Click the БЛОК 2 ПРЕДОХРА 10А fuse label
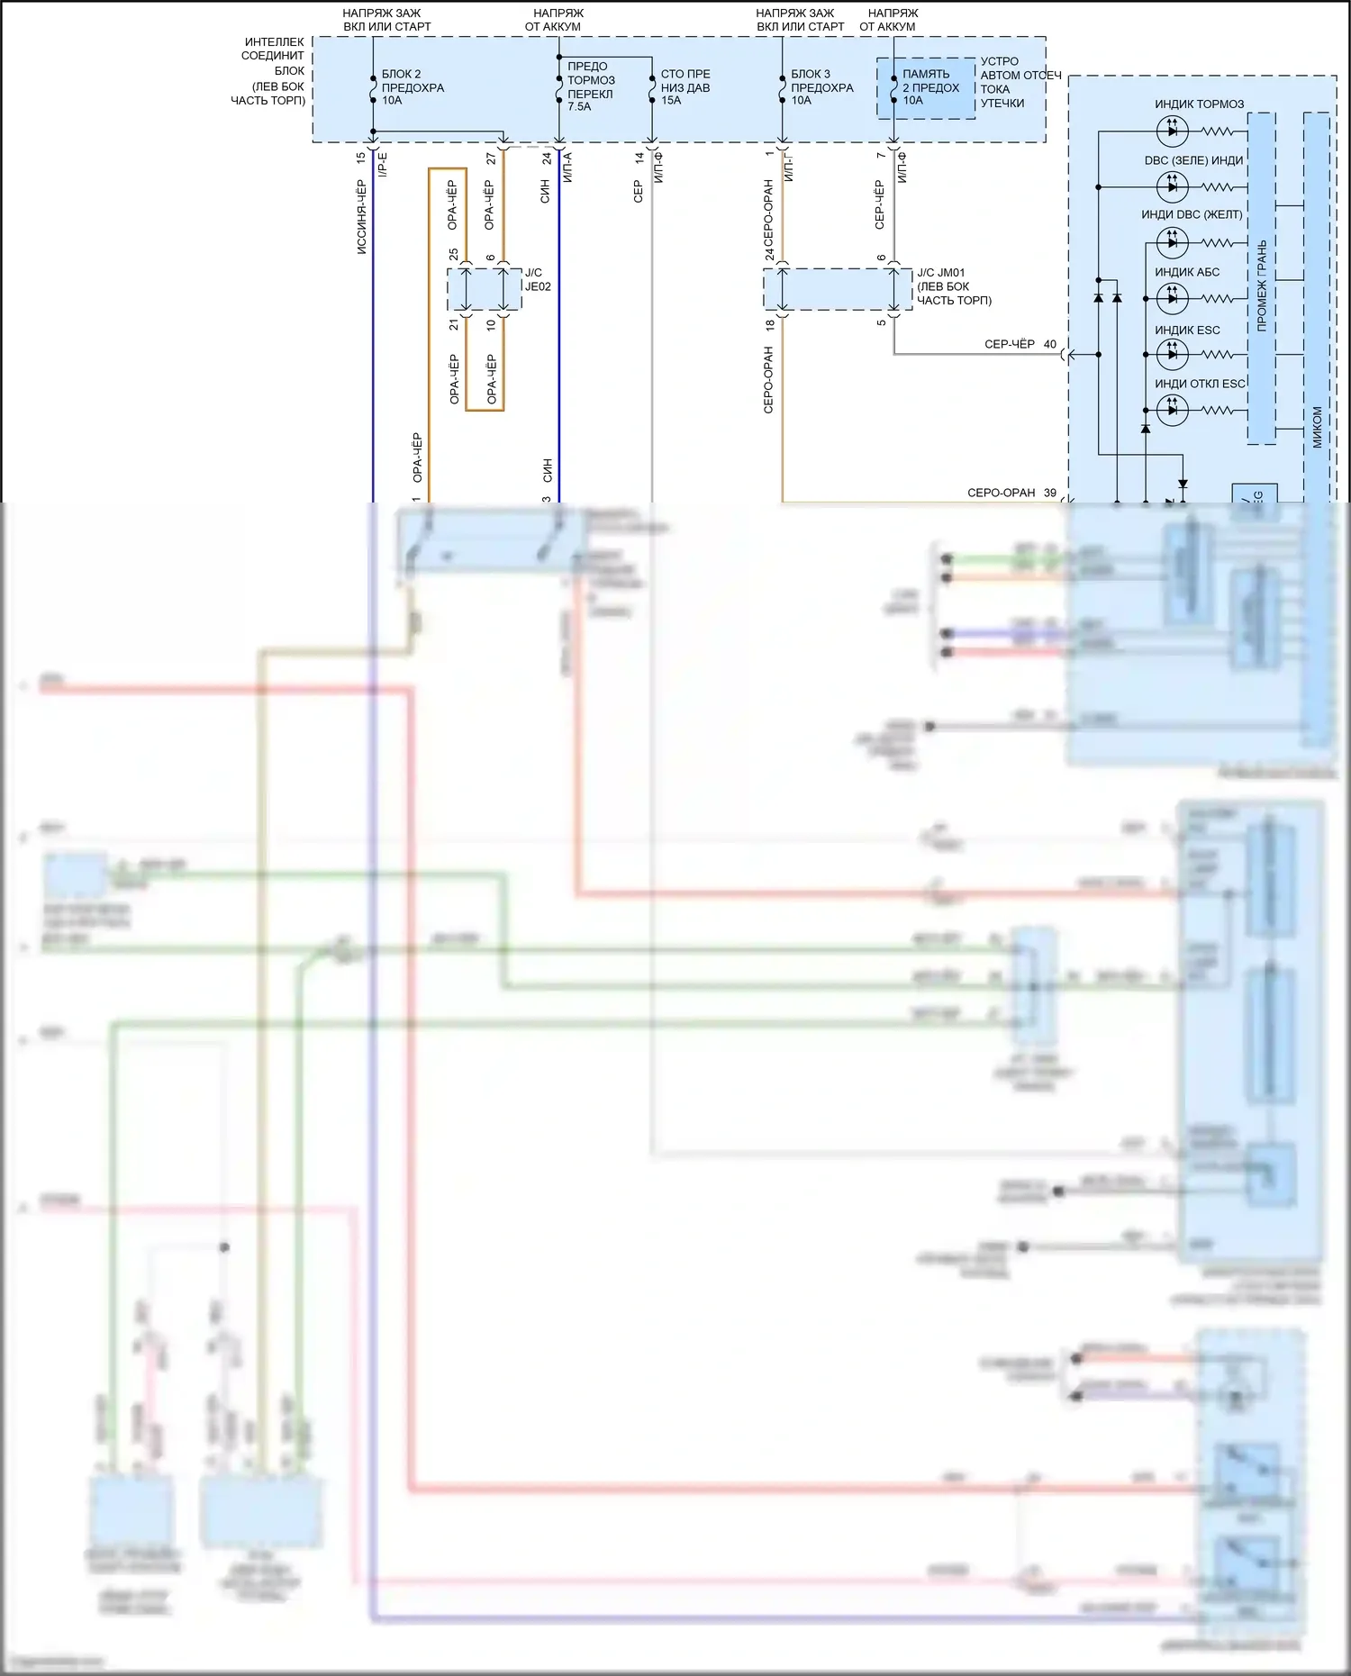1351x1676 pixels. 412,87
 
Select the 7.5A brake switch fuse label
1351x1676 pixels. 590,86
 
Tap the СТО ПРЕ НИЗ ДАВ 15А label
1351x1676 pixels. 685,87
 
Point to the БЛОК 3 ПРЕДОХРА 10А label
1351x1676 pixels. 821,87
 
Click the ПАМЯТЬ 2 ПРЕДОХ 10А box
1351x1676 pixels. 927,87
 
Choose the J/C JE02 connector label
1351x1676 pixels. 538,279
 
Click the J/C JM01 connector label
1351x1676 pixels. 953,286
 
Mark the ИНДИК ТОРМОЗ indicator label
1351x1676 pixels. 1199,104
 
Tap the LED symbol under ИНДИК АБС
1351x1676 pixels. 1172,297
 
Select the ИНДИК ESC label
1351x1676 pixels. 1187,331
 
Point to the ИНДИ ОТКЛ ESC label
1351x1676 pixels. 1200,384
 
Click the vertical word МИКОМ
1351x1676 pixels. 1317,427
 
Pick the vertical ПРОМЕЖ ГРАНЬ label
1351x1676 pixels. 1261,285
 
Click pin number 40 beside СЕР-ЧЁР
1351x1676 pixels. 1050,344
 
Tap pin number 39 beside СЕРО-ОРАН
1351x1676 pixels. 1050,493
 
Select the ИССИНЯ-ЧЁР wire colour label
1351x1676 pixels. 361,217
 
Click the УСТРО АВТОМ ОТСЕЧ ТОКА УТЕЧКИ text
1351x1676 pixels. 1020,82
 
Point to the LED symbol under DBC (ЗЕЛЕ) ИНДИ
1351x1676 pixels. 1172,186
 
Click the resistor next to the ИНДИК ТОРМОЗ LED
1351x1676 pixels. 1217,131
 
